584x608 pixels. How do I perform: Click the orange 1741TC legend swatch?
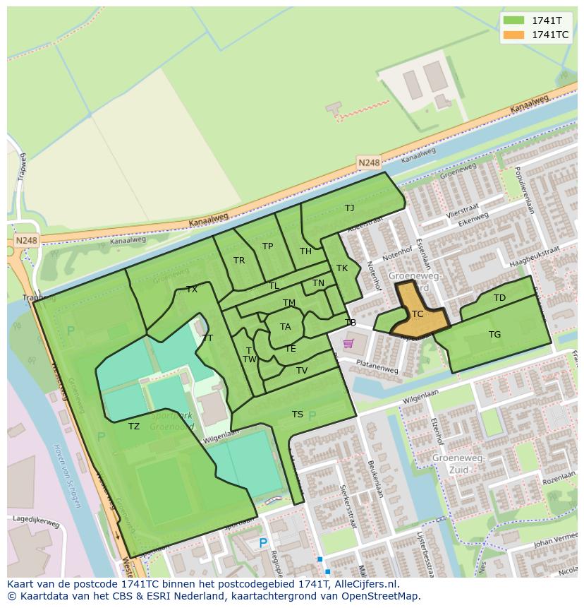pos(514,34)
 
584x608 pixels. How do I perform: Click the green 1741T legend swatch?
pos(514,20)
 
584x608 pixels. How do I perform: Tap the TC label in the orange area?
pos(418,314)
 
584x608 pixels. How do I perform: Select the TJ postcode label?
pos(349,208)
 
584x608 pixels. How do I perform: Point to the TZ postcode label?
pos(134,426)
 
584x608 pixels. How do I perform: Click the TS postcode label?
pos(298,415)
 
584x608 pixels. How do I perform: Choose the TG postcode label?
pos(494,334)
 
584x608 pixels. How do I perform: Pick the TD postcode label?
pos(499,298)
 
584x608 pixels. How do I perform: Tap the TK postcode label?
pos(342,268)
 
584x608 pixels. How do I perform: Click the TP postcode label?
pos(267,246)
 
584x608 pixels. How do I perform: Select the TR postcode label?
pos(239,261)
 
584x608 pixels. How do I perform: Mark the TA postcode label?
pos(285,327)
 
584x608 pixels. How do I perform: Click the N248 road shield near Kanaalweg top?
pos(368,162)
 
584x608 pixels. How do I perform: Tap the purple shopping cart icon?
pos(348,344)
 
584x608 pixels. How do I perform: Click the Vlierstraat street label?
pos(463,209)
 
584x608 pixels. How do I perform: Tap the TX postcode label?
pos(192,290)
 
